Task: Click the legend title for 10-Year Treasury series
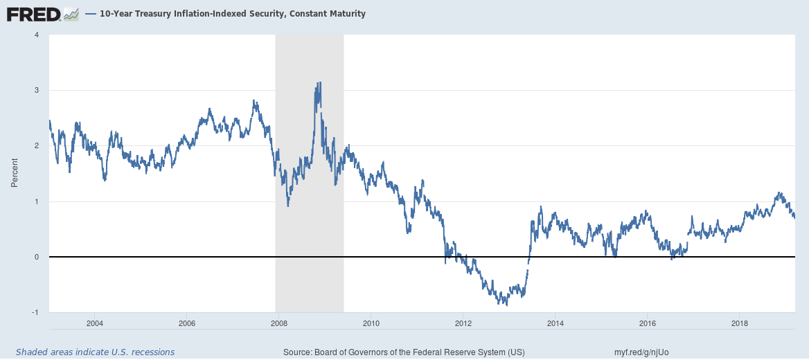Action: pyautogui.click(x=232, y=14)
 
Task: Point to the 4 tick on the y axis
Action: pyautogui.click(x=37, y=35)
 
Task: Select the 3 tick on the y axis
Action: pyautogui.click(x=37, y=90)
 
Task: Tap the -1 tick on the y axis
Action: pyautogui.click(x=35, y=312)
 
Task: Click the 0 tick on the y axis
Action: pyautogui.click(x=37, y=257)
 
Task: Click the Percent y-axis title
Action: pyautogui.click(x=15, y=173)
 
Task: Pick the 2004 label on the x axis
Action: pyautogui.click(x=95, y=323)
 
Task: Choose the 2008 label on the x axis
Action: pyautogui.click(x=278, y=323)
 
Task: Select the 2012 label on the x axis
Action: pyautogui.click(x=463, y=323)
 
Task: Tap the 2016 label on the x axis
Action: pyautogui.click(x=648, y=323)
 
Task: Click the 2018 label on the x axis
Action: pyautogui.click(x=740, y=323)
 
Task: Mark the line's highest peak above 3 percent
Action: pyautogui.click(x=319, y=82)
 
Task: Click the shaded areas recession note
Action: pyautogui.click(x=95, y=352)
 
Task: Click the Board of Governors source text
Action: pyautogui.click(x=404, y=352)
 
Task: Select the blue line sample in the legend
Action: pyautogui.click(x=90, y=14)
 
